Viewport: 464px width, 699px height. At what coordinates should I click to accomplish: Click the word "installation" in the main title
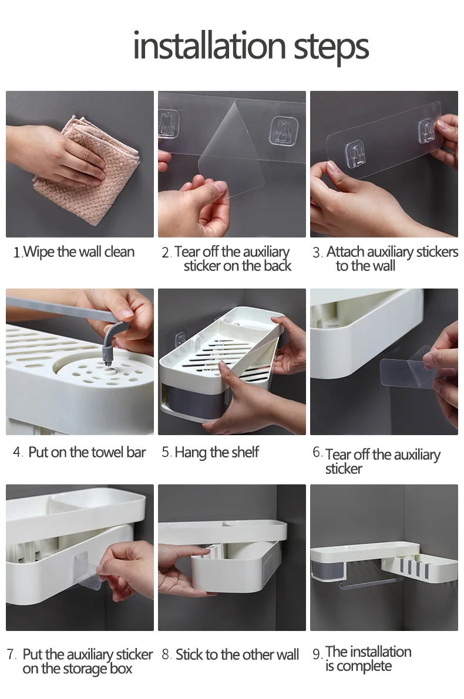point(209,46)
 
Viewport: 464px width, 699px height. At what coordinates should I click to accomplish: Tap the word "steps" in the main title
point(331,48)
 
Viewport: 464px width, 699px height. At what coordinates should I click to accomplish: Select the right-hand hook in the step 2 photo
point(284,131)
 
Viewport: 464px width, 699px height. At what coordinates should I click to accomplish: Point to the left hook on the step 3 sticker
point(355,154)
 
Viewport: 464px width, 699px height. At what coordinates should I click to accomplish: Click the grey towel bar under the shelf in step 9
point(370,583)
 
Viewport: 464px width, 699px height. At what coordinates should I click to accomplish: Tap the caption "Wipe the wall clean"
point(79,252)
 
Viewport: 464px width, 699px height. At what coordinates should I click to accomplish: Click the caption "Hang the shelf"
point(217,452)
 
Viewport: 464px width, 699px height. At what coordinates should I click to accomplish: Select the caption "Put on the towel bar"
point(87,452)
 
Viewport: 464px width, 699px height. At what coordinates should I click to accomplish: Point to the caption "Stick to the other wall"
point(237,654)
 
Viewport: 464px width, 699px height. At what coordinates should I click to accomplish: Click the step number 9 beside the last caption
point(317,654)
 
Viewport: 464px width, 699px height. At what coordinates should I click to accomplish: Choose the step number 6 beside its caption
point(317,452)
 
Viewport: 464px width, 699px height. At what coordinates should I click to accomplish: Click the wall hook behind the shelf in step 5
point(180,340)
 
